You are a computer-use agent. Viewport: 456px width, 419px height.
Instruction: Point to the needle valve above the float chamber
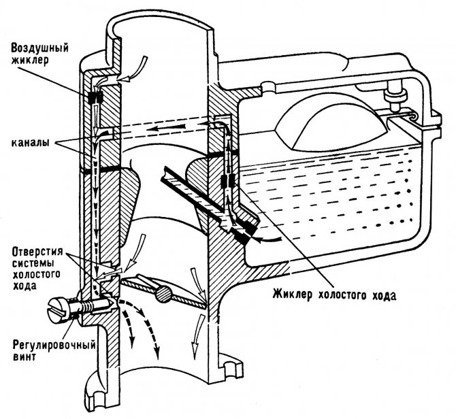[x=393, y=96]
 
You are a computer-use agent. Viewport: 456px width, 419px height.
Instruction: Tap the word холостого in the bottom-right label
[x=348, y=296]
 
